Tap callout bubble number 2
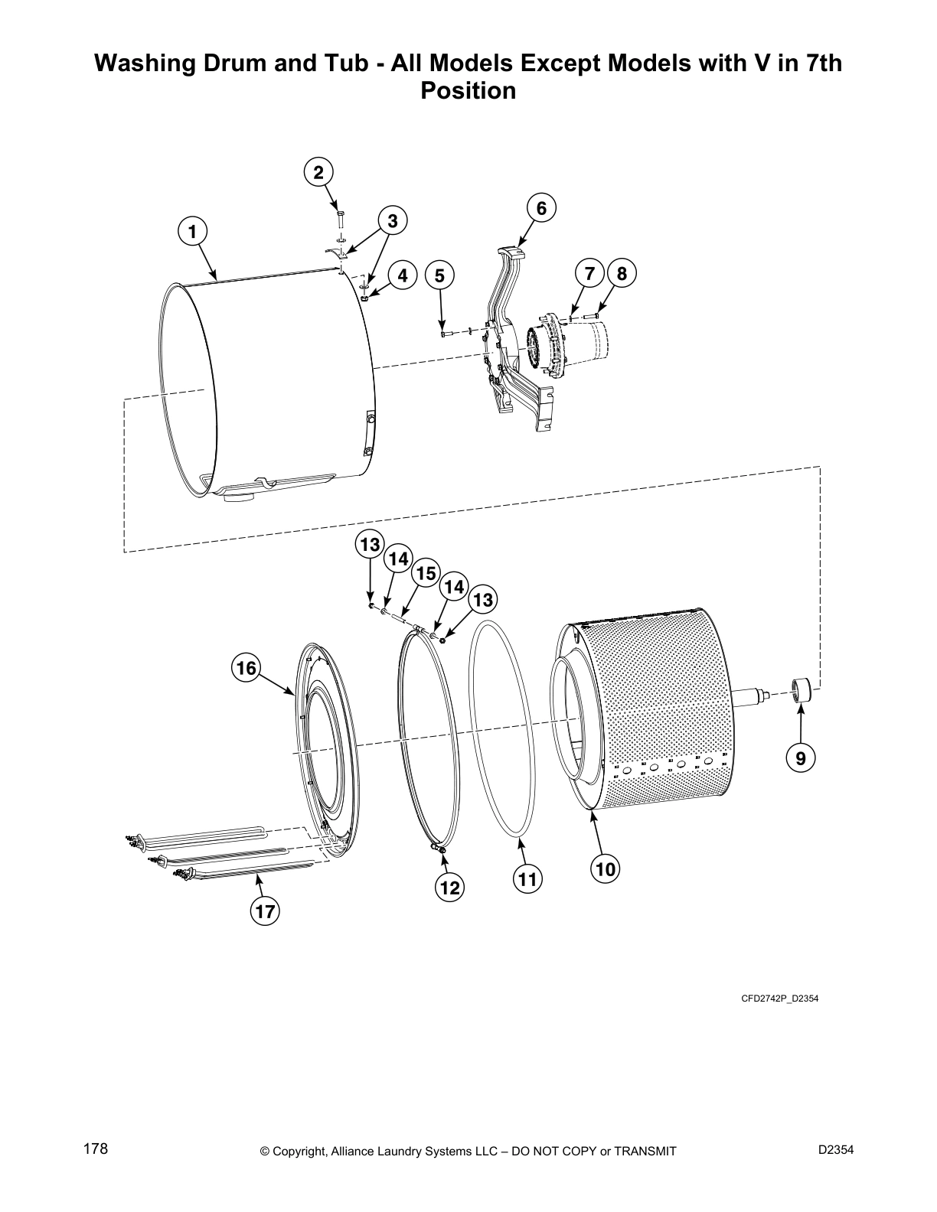click(x=319, y=171)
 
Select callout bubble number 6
click(x=540, y=208)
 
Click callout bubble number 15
click(x=426, y=573)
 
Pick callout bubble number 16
click(x=246, y=668)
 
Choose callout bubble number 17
click(x=265, y=911)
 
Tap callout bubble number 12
click(x=450, y=888)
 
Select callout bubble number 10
click(x=605, y=869)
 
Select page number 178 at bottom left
click(x=95, y=1149)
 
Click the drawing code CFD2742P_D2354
click(x=779, y=999)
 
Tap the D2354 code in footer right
click(x=835, y=1150)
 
